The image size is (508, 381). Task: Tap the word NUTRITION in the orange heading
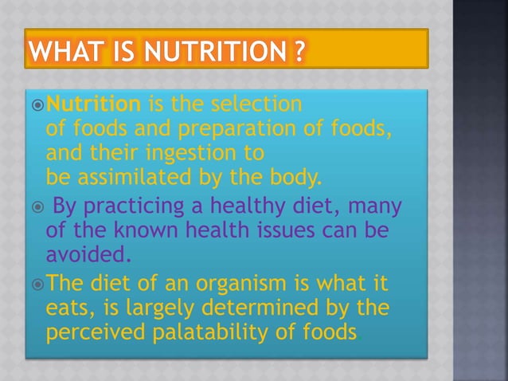(206, 51)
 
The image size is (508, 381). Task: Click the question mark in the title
(296, 51)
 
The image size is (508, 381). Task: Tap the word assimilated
(137, 174)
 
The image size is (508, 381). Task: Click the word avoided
(82, 254)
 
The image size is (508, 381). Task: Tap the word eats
(67, 308)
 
